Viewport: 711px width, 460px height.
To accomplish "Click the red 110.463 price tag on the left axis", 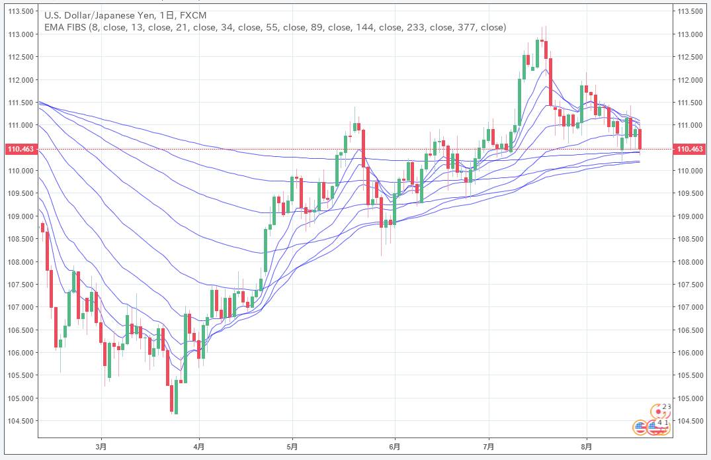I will pos(19,150).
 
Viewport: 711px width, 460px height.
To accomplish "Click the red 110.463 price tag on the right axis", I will pos(690,150).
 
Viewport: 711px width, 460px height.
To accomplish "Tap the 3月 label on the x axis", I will pos(101,447).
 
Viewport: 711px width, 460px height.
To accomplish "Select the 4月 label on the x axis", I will pos(199,447).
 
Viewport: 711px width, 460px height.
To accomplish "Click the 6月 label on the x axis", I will pos(394,447).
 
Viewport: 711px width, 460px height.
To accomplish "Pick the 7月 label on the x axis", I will pos(489,447).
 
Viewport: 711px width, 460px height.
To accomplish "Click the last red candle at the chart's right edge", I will pos(640,140).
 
